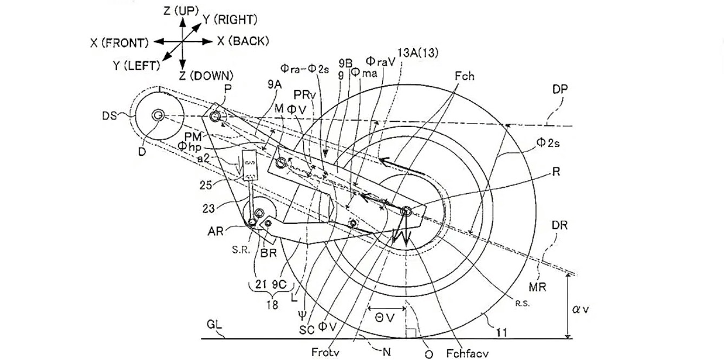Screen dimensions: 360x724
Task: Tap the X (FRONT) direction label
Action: tap(119, 42)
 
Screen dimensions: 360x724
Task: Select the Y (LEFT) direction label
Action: tap(136, 66)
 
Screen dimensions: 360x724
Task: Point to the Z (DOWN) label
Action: tap(206, 75)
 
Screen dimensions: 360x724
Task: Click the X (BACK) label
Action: tap(243, 41)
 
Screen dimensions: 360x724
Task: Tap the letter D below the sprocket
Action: tap(141, 152)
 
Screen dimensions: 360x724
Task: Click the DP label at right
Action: tap(560, 89)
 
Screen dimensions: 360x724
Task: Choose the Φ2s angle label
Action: tap(548, 142)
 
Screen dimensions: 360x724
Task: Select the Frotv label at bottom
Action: tap(325, 352)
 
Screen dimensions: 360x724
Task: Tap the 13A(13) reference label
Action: tap(418, 53)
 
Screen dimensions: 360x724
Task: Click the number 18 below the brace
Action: tap(272, 305)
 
